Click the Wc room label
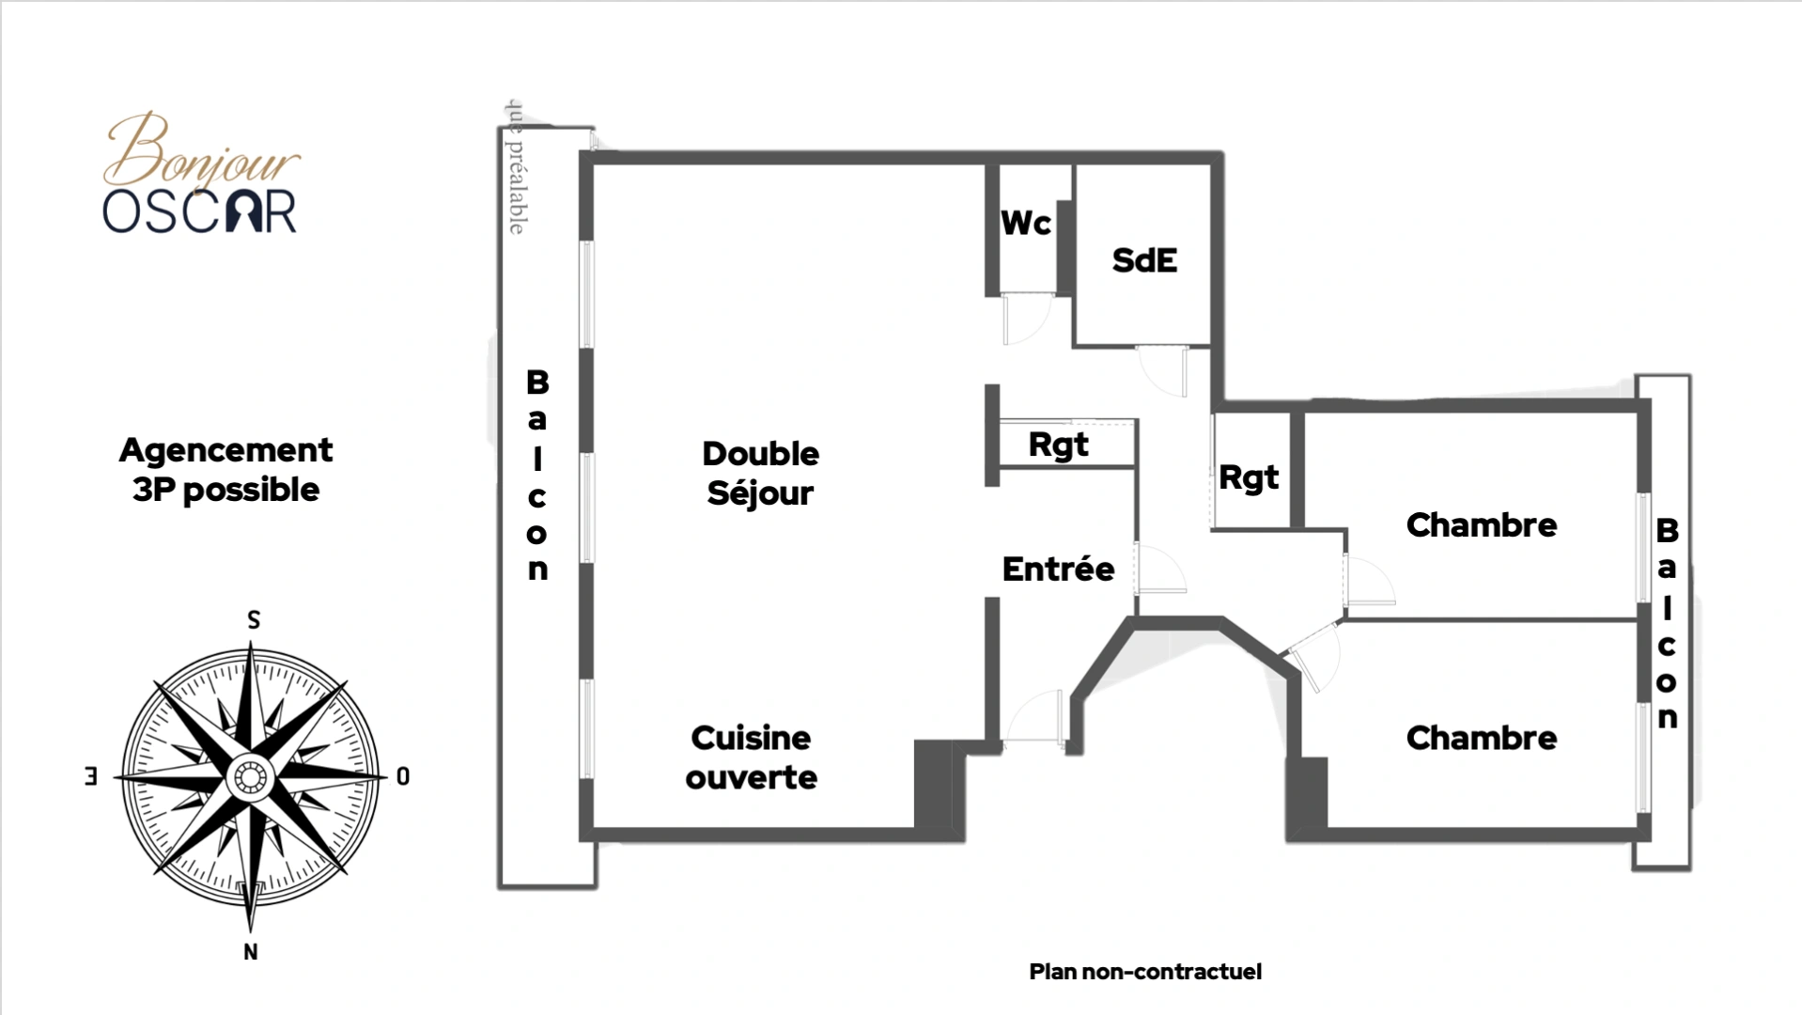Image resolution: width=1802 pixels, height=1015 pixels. [1025, 224]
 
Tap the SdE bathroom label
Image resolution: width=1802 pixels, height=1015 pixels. [1143, 260]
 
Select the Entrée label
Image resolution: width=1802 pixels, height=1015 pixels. [1058, 569]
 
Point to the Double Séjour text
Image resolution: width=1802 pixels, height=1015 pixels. [760, 473]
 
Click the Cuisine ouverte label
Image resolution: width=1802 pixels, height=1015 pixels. [751, 757]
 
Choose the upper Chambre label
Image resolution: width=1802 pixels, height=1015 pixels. [1481, 524]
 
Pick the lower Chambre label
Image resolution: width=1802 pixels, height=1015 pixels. [1481, 738]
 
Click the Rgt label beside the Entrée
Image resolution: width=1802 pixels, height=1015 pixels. [1058, 445]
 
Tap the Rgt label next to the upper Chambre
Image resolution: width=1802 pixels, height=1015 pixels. [1249, 477]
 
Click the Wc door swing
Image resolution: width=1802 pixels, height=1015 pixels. [1025, 320]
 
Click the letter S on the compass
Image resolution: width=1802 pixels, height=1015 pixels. [253, 620]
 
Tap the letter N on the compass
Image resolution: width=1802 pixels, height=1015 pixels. [251, 952]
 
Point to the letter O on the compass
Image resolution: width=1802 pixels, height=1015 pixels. [403, 776]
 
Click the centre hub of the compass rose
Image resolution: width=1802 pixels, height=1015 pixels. [251, 777]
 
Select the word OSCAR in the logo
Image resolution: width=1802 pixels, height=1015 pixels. [199, 211]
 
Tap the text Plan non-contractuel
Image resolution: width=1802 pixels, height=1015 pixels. [1144, 972]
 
